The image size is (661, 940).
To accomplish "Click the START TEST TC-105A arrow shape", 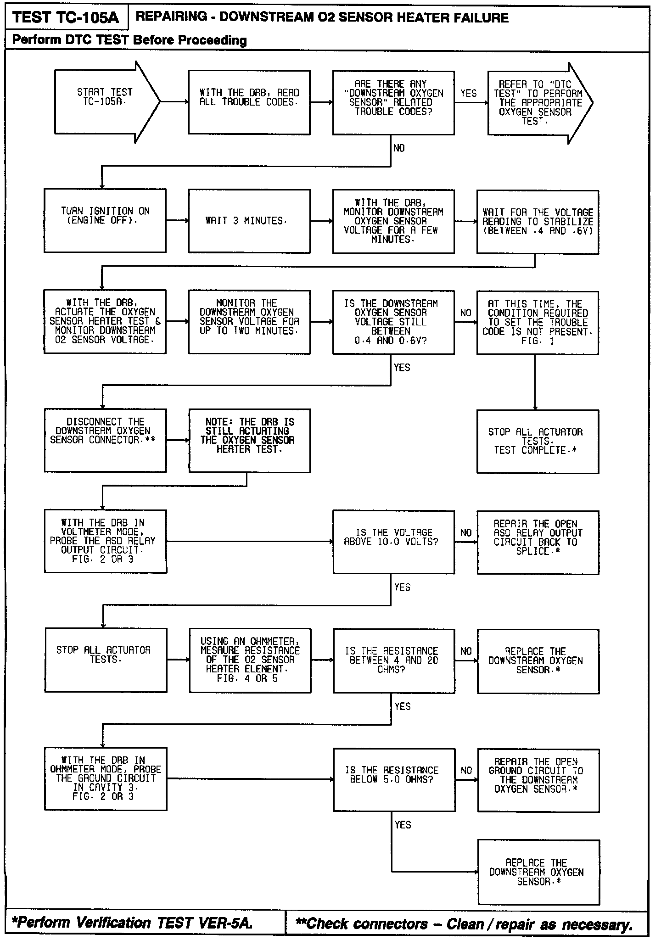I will (105, 102).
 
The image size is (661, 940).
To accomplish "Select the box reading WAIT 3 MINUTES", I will (249, 221).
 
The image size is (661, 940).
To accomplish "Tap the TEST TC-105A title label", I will (66, 17).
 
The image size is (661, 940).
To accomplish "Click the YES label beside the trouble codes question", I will (468, 94).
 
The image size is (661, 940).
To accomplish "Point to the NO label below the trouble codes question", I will (399, 148).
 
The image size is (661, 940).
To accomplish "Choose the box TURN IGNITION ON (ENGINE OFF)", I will (105, 220).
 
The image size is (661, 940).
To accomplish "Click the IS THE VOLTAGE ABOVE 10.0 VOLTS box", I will (393, 542).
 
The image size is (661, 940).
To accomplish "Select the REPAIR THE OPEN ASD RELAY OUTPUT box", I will (538, 542).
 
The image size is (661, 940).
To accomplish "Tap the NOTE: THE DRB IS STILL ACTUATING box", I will (249, 441).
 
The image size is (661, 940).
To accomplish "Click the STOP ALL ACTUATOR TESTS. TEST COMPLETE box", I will (538, 441).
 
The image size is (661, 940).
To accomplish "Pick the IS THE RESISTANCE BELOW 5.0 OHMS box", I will (394, 779).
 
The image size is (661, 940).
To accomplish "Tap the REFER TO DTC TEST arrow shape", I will (537, 103).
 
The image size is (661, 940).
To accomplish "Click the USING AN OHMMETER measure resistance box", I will (249, 660).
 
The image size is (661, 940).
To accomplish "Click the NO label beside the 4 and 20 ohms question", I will (466, 651).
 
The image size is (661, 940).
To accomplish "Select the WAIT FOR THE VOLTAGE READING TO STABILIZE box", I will (538, 222).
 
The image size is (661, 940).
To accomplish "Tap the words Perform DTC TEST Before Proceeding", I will (129, 40).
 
